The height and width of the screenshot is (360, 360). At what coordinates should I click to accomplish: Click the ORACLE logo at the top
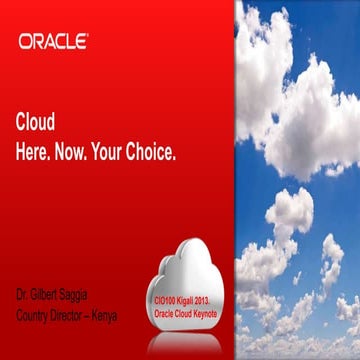coord(53,41)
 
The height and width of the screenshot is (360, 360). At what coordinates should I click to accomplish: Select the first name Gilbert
coord(48,297)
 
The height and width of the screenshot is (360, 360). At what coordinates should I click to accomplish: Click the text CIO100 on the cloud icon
coord(167,299)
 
